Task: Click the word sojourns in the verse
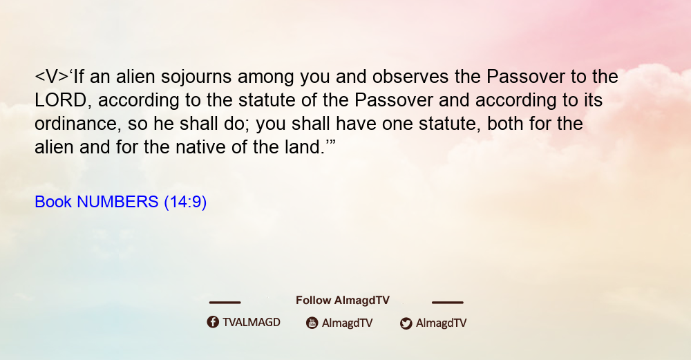tap(196, 77)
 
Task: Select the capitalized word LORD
tap(61, 100)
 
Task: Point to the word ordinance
tap(76, 124)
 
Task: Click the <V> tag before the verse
tap(52, 77)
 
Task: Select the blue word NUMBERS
tap(117, 202)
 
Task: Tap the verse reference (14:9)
tap(185, 202)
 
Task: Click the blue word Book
tap(53, 202)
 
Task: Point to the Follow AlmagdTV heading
tap(343, 301)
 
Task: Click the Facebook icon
tap(213, 322)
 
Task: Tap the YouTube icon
tap(312, 323)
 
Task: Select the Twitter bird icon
tap(406, 323)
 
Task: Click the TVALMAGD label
tap(252, 323)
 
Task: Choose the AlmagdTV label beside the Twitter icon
tap(441, 323)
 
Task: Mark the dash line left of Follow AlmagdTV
tap(225, 303)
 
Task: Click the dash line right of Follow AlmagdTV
tap(448, 303)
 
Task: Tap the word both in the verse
tap(506, 124)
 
